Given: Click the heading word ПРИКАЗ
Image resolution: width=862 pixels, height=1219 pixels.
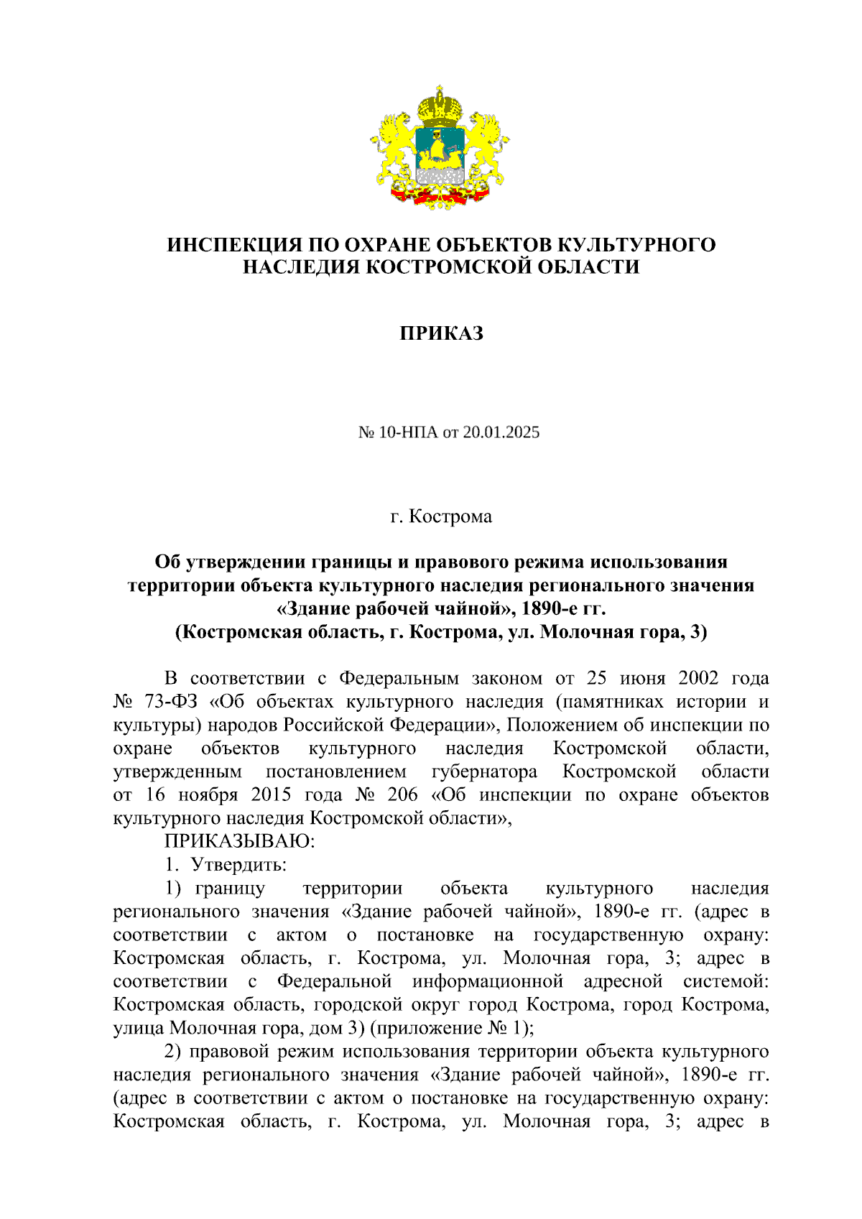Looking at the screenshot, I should (441, 333).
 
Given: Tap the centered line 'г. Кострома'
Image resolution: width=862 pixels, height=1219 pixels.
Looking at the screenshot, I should (441, 516).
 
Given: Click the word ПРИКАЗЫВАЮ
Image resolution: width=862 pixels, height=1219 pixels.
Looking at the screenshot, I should (240, 840).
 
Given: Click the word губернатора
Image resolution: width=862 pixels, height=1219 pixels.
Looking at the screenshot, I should (484, 771).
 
